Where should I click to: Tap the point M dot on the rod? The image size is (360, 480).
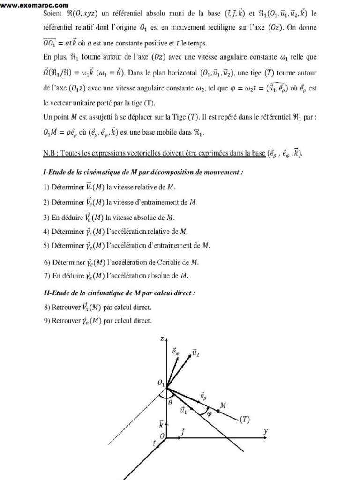218,411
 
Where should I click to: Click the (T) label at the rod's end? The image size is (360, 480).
245,420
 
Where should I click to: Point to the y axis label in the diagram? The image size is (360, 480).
265,431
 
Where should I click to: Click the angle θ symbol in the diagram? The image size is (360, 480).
170,402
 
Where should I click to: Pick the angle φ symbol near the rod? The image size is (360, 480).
210,413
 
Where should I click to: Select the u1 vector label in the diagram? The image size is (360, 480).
184,410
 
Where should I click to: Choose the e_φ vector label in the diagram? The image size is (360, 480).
175,351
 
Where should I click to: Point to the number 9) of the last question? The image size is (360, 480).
46,321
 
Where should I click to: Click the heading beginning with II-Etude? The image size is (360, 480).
119,293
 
